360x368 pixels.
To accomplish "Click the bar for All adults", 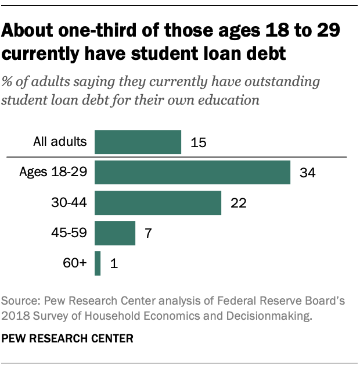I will pyautogui.click(x=138, y=142).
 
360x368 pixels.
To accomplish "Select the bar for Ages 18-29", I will pyautogui.click(x=192, y=173).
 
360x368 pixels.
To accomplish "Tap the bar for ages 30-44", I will pyautogui.click(x=158, y=203).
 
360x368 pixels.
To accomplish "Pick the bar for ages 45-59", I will pyautogui.click(x=115, y=233).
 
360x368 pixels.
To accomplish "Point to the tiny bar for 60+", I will pyautogui.click(x=98, y=263).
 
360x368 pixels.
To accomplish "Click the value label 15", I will pyautogui.click(x=199, y=142).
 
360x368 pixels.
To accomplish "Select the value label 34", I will pyautogui.click(x=307, y=173).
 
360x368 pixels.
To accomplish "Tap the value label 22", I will pyautogui.click(x=239, y=203).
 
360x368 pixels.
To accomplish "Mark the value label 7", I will pyautogui.click(x=147, y=233).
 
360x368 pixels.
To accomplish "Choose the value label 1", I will pyautogui.click(x=114, y=264).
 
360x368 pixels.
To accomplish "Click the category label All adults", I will pyautogui.click(x=60, y=141).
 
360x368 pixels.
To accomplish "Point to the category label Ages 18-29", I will pyautogui.click(x=53, y=172).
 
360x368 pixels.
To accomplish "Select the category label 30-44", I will pyautogui.click(x=70, y=202).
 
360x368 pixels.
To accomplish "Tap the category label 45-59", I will pyautogui.click(x=70, y=233).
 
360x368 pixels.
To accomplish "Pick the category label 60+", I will pyautogui.click(x=75, y=263).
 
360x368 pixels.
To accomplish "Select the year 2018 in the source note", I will pyautogui.click(x=15, y=316).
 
